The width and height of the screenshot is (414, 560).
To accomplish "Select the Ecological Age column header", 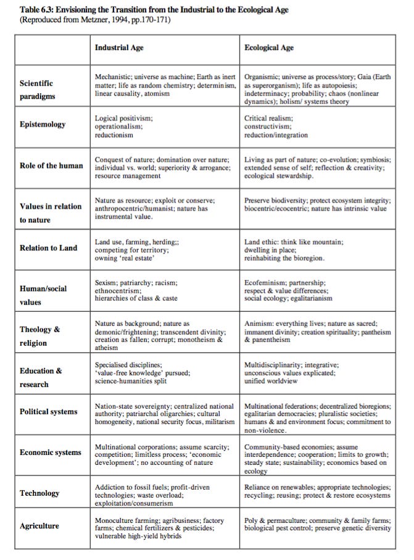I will coord(269,48).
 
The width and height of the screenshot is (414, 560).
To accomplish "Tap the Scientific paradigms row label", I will coord(36,89).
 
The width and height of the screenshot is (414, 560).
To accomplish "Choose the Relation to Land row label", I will coord(48,248).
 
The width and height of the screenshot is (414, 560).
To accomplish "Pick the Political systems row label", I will coord(49,411).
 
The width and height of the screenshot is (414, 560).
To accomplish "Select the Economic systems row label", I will coord(51,452).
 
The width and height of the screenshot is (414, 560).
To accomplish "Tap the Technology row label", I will coord(39,493).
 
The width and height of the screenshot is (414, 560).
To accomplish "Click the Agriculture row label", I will coord(40,526).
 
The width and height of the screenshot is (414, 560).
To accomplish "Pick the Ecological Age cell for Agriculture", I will coord(317,524).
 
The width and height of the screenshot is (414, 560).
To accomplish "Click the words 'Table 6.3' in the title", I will coord(38,10).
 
